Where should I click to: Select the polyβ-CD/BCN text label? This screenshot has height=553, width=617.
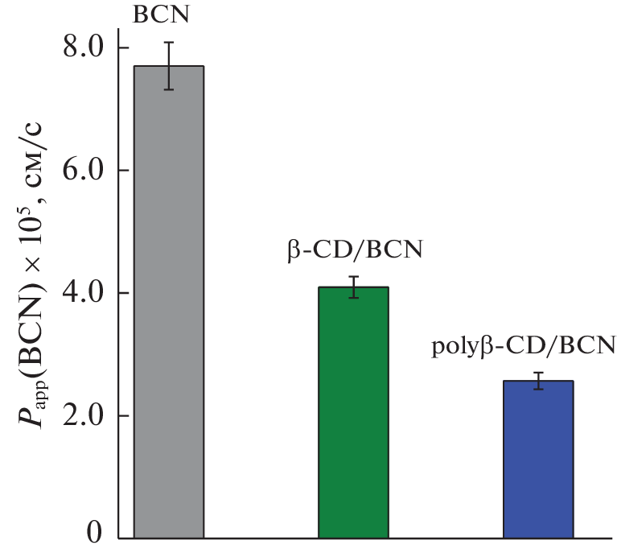(x=524, y=347)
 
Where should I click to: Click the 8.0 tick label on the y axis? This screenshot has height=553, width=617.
(x=84, y=47)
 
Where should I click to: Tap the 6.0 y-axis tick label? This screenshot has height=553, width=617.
(x=84, y=171)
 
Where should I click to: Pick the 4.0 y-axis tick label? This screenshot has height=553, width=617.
(x=84, y=293)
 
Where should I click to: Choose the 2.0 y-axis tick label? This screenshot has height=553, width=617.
(x=84, y=416)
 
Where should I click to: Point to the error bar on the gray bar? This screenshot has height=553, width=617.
(x=169, y=66)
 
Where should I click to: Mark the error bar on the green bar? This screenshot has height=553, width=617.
(x=353, y=287)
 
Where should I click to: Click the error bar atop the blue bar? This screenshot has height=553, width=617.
(x=538, y=381)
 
